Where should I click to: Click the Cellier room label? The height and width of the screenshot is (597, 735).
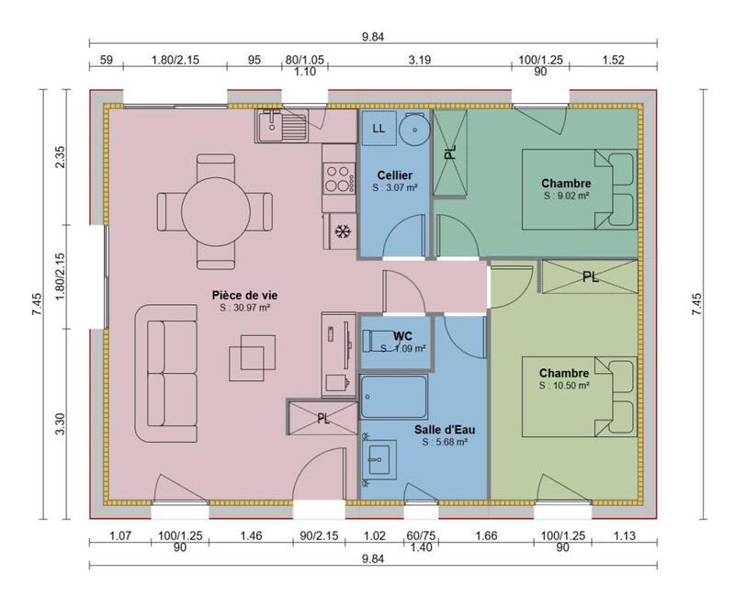tap(394, 175)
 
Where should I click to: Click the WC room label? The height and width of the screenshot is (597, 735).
tap(401, 335)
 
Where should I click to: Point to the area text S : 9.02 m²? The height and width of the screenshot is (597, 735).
tap(566, 196)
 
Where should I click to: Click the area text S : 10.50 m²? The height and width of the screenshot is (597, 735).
tap(564, 386)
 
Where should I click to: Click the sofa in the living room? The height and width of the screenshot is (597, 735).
tap(166, 373)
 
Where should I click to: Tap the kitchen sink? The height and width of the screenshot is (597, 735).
tap(282, 126)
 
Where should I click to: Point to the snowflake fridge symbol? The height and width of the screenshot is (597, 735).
tap(342, 231)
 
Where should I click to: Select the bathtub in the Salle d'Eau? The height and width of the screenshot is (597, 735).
tap(394, 399)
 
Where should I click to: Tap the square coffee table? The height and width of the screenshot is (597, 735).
tap(252, 354)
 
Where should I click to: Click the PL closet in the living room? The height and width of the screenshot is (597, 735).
tap(322, 419)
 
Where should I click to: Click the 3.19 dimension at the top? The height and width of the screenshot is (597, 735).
tap(419, 62)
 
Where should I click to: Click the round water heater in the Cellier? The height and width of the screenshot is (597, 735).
tap(415, 130)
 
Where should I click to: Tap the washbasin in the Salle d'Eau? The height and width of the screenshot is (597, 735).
tap(379, 458)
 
